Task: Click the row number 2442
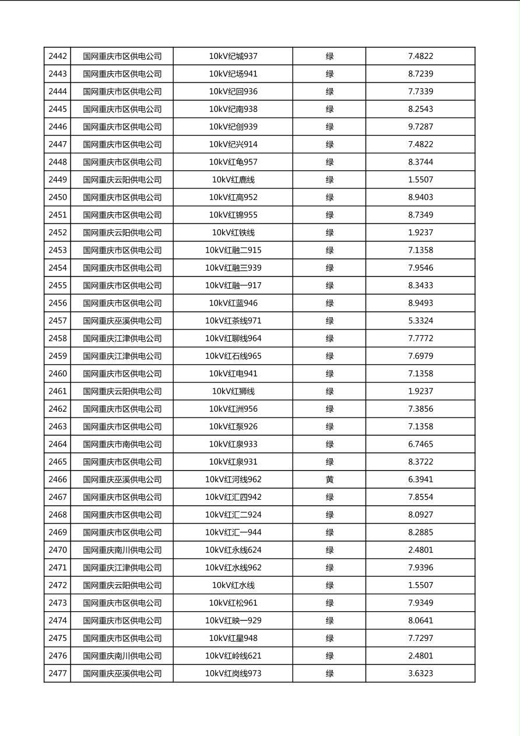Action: pyautogui.click(x=58, y=57)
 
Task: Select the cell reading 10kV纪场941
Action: pyautogui.click(x=233, y=74)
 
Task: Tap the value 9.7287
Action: pyautogui.click(x=420, y=127)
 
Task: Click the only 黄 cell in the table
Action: pyautogui.click(x=329, y=479)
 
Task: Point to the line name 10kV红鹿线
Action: pyautogui.click(x=233, y=180)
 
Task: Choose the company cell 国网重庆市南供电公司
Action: pyautogui.click(x=122, y=444)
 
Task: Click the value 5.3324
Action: pyautogui.click(x=420, y=321)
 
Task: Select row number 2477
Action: pyautogui.click(x=58, y=674)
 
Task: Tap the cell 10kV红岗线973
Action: pyautogui.click(x=233, y=674)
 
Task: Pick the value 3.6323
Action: pyautogui.click(x=420, y=674)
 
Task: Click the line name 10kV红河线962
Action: pyautogui.click(x=233, y=479)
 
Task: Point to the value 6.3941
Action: pyautogui.click(x=420, y=479)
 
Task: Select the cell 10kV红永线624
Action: pyautogui.click(x=233, y=550)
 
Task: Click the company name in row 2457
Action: pyautogui.click(x=122, y=321)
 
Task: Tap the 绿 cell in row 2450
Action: pyautogui.click(x=329, y=197)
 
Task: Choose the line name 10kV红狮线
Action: pyautogui.click(x=233, y=391)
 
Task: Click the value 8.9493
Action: pyautogui.click(x=420, y=303)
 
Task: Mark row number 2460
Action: pyautogui.click(x=58, y=374)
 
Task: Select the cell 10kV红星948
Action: pyautogui.click(x=233, y=638)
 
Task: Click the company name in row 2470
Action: pyautogui.click(x=122, y=550)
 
